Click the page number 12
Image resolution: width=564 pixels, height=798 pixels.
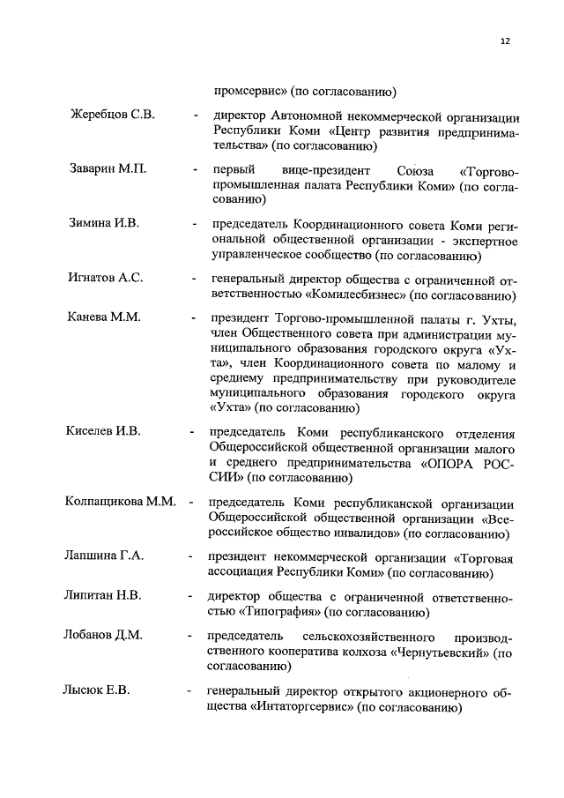(505, 41)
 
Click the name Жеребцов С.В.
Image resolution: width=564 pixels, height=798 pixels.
(112, 116)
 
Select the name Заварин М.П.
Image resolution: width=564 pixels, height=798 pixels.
(108, 169)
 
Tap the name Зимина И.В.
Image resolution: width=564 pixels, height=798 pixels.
(103, 222)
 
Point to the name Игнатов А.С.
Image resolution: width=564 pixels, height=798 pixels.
(106, 278)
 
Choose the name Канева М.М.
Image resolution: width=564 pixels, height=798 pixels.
(103, 316)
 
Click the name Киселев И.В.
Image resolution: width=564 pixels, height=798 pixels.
(104, 431)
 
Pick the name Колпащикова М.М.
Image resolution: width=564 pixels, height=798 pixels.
(121, 502)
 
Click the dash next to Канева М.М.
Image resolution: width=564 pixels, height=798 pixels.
(192, 317)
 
